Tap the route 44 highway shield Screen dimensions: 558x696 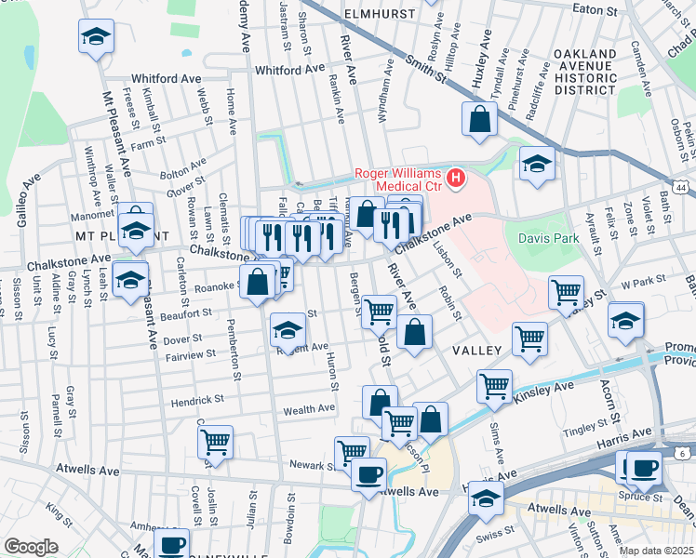(x=683, y=188)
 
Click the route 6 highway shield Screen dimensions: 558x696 (x=682, y=453)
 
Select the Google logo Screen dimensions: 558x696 (x=31, y=546)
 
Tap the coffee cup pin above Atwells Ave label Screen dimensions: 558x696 (x=368, y=475)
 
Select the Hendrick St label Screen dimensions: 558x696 (x=196, y=400)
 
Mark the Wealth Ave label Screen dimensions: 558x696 (x=309, y=408)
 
